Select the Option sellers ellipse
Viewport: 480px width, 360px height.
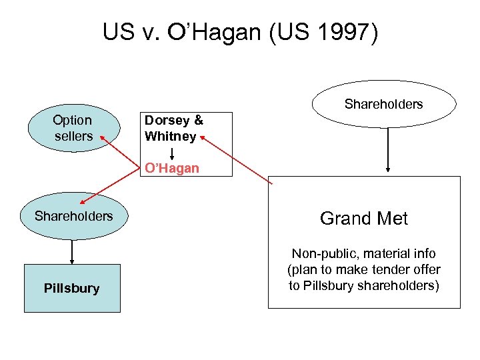click(x=73, y=128)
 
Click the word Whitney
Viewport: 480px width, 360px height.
click(x=171, y=137)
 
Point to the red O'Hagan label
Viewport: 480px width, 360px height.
click(x=172, y=168)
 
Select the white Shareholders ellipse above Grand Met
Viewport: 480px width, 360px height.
click(x=383, y=104)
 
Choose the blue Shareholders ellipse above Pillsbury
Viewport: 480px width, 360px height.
click(x=73, y=216)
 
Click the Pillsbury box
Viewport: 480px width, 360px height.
click(x=72, y=288)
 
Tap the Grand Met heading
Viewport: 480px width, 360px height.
click(x=364, y=219)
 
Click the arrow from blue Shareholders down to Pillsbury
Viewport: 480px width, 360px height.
click(x=72, y=252)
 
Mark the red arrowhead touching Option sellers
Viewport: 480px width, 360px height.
click(x=103, y=137)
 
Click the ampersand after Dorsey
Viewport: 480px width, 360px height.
click(x=198, y=121)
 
